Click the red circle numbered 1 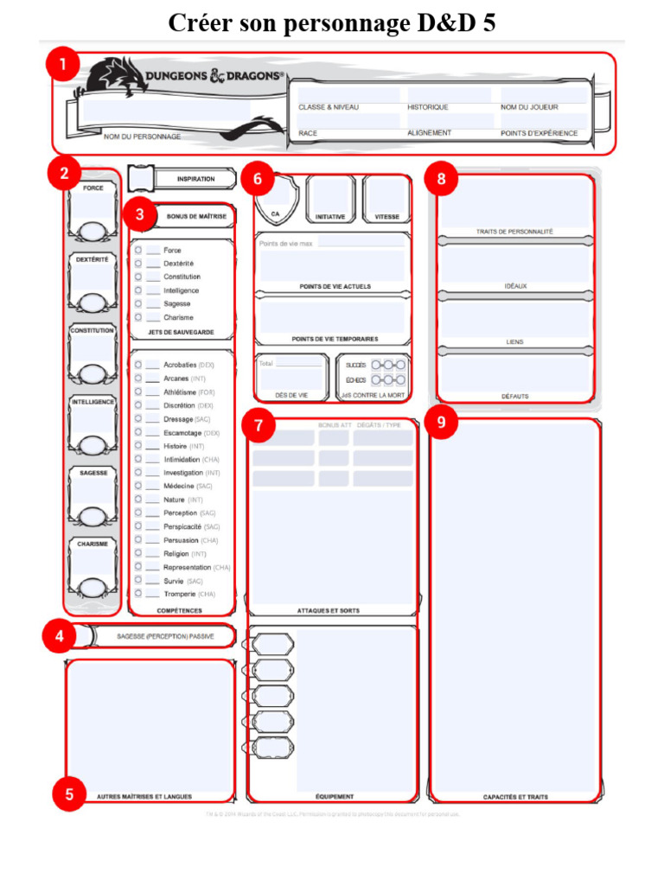pos(61,66)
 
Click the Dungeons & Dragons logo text pos(214,76)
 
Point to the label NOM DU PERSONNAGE pos(142,137)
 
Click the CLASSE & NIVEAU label pos(329,107)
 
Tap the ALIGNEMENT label pos(429,133)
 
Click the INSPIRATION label pos(195,179)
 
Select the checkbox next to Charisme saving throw pos(138,317)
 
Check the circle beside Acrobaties pos(138,365)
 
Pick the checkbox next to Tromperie pos(138,594)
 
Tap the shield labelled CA pos(276,200)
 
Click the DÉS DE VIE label pos(290,395)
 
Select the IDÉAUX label pos(515,286)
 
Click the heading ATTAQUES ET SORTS pos(329,611)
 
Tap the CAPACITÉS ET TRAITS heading pos(515,797)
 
